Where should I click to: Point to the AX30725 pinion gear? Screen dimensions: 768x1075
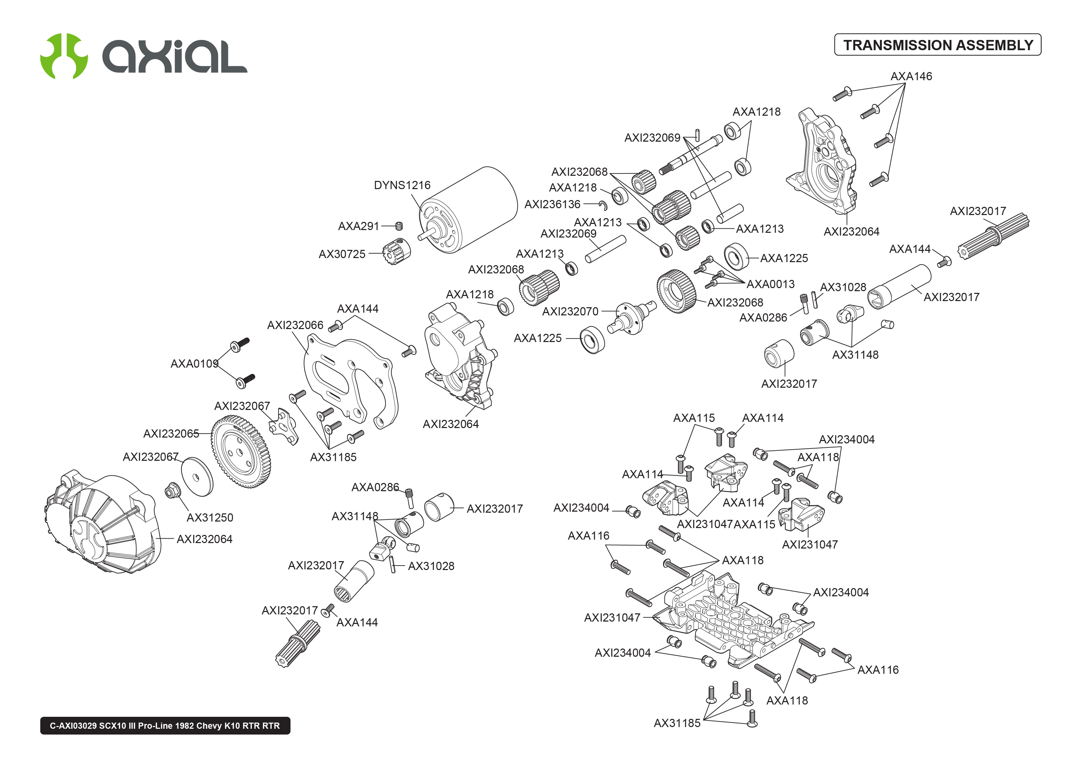coord(396,252)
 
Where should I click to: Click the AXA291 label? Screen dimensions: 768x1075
coord(358,226)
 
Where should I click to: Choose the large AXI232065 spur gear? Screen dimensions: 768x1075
coord(241,452)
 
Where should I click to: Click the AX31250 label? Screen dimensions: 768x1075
coord(210,517)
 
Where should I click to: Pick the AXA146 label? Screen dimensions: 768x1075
coord(911,76)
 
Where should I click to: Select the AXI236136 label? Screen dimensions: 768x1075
coord(552,204)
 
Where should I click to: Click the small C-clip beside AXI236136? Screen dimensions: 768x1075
coord(603,205)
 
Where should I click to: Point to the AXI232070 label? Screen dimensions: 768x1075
coord(570,312)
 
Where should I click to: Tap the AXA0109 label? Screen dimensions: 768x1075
coord(194,364)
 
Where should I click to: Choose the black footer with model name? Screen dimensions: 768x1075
coord(165,725)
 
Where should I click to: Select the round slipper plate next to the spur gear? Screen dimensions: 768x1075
coord(197,477)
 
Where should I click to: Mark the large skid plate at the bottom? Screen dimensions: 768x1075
coord(733,620)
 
